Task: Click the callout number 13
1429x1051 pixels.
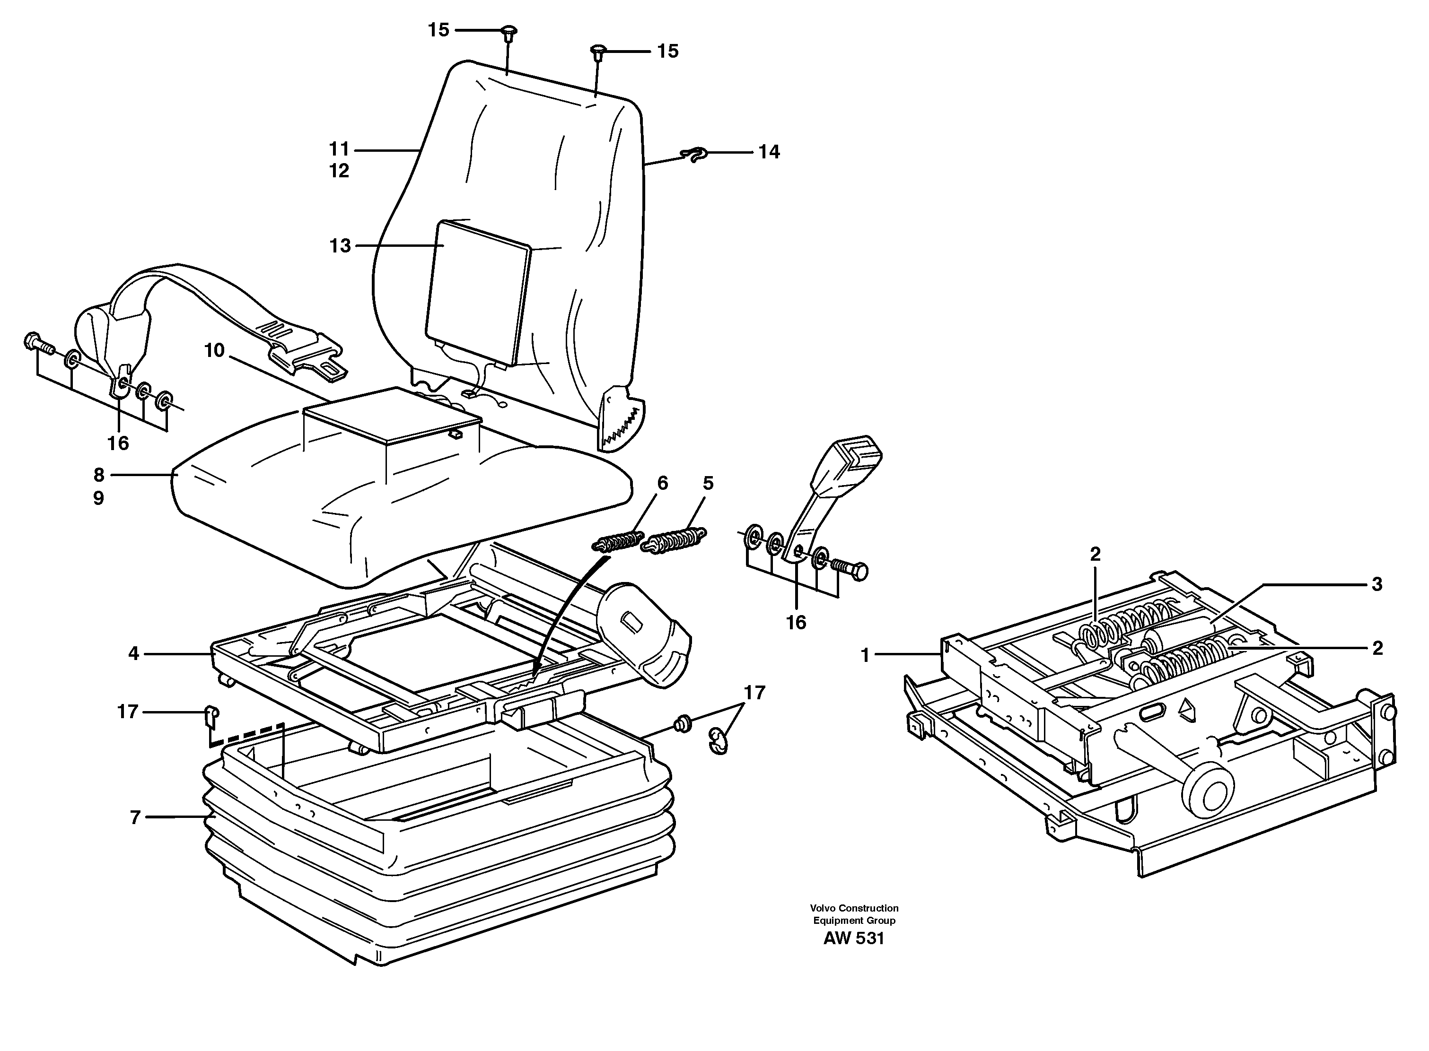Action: (340, 246)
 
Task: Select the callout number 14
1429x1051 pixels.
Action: (769, 152)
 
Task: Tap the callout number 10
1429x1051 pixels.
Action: (214, 350)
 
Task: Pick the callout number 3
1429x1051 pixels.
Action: (1376, 584)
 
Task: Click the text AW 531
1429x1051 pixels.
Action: (854, 938)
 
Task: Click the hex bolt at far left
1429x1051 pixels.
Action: (38, 344)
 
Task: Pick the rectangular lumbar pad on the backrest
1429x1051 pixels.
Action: (477, 295)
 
